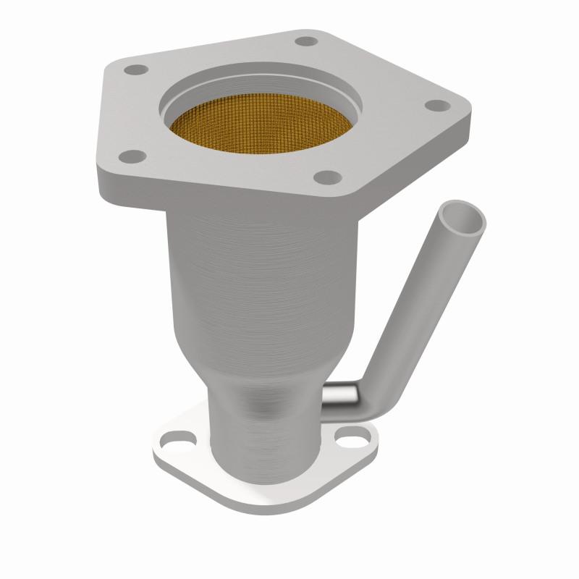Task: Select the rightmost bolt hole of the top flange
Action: pyautogui.click(x=432, y=106)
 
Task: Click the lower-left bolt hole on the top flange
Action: pyautogui.click(x=132, y=154)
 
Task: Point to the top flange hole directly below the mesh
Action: pyautogui.click(x=327, y=175)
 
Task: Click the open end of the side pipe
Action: pyautogui.click(x=464, y=219)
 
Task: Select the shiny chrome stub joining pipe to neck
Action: pyautogui.click(x=339, y=394)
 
